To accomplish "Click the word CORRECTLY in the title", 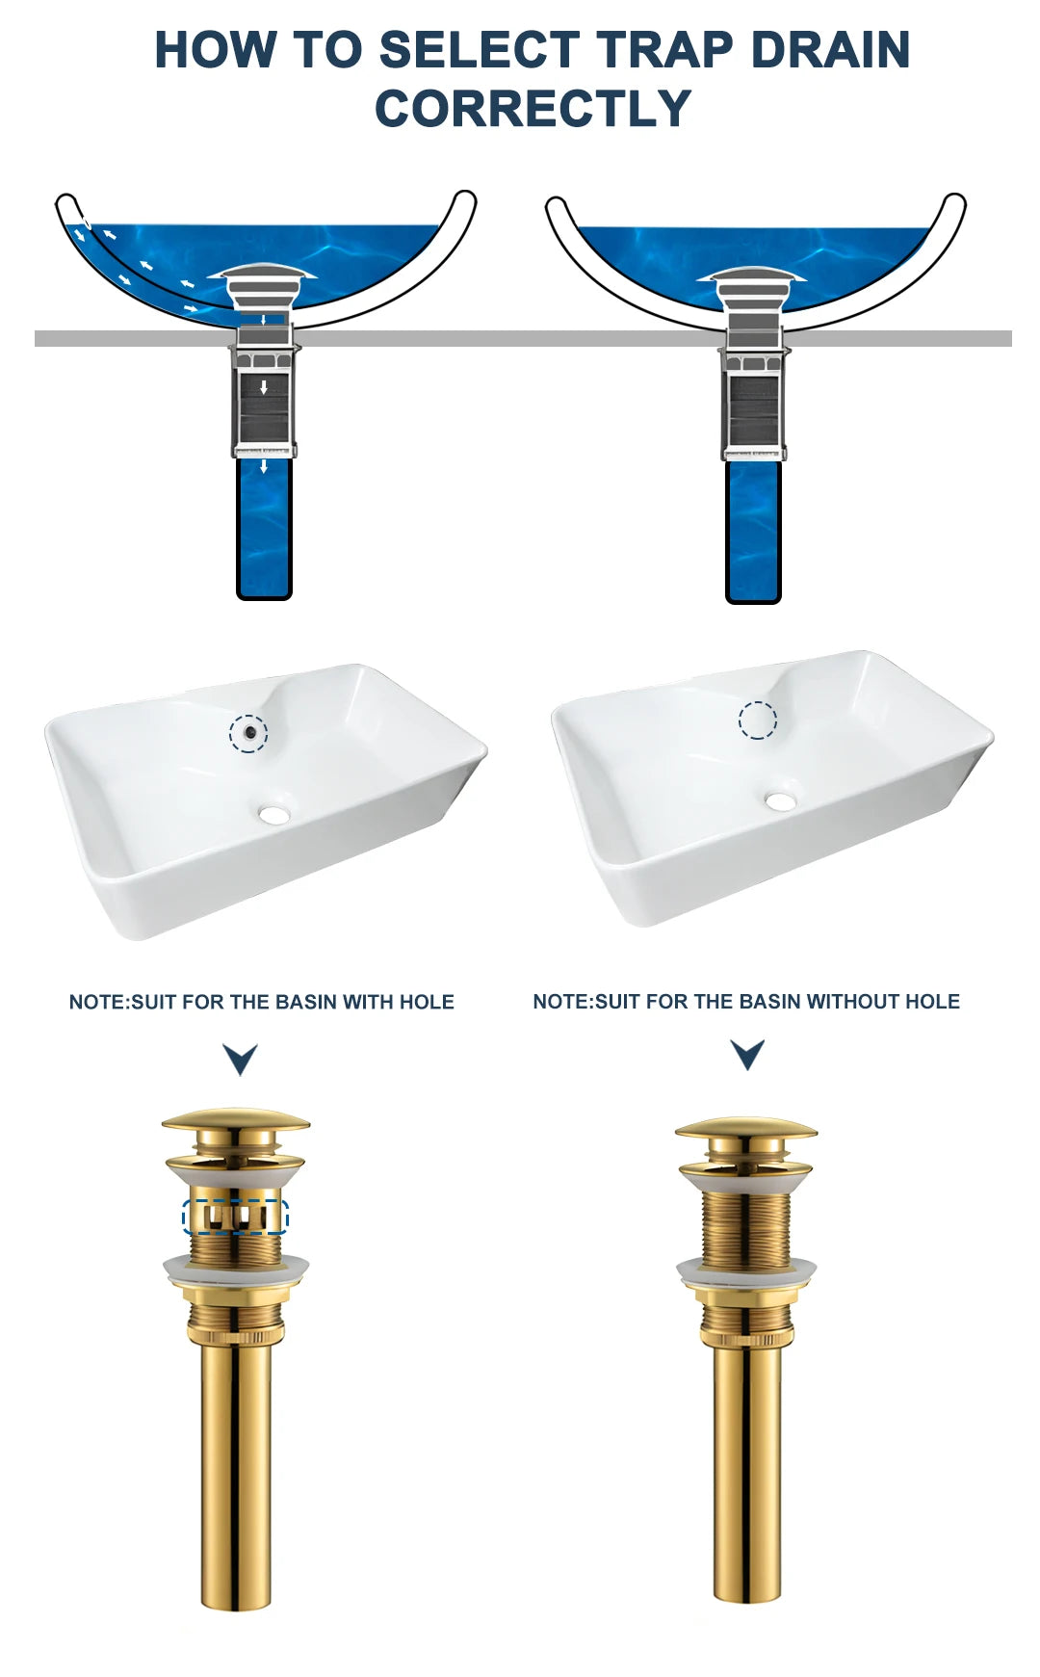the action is [x=533, y=108].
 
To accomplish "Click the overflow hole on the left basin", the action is [x=249, y=733].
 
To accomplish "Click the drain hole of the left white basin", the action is [x=274, y=815].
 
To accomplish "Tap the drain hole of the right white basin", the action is [x=780, y=800].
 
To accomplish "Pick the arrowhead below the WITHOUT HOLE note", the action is [x=747, y=1055].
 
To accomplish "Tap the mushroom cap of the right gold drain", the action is [x=746, y=1128].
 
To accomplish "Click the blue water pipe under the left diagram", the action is [x=264, y=528].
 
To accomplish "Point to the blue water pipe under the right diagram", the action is [x=753, y=532].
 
